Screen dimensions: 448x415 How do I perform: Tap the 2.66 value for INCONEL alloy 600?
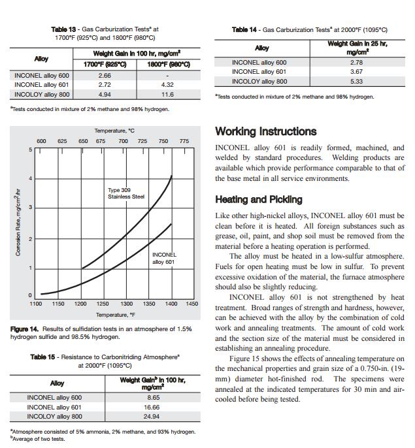[x=104, y=76]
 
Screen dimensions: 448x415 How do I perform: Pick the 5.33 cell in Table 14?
[x=356, y=82]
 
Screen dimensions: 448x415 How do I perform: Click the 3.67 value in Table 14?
[x=356, y=72]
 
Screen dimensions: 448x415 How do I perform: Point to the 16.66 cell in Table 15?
[x=153, y=407]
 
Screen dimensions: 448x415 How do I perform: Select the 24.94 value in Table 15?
[x=153, y=417]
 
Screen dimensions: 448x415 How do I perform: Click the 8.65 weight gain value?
[x=153, y=397]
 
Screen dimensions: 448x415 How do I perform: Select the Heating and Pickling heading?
[x=259, y=200]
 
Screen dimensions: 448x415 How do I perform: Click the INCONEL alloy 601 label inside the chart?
[x=163, y=259]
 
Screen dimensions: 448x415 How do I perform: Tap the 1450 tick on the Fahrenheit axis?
[x=191, y=304]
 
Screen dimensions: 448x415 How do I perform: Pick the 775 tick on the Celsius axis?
[x=184, y=141]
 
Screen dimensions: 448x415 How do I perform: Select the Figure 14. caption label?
[x=25, y=329]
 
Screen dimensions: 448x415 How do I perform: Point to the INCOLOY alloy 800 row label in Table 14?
[x=259, y=82]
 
